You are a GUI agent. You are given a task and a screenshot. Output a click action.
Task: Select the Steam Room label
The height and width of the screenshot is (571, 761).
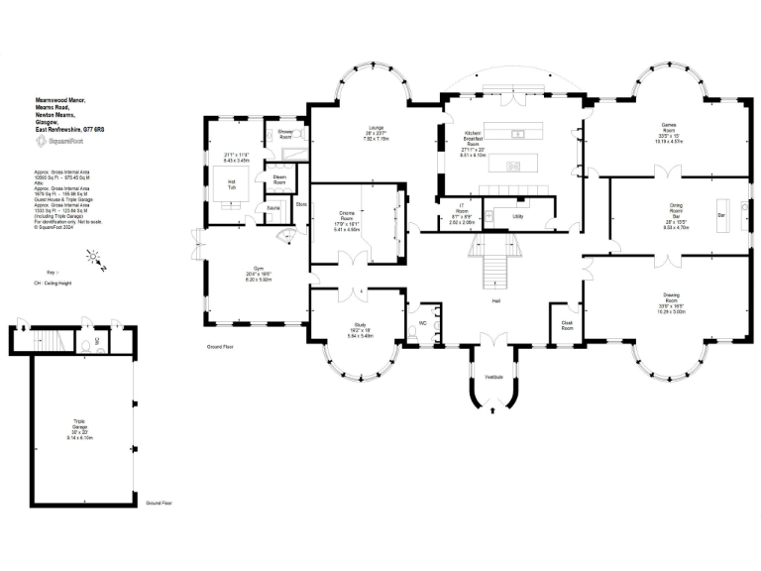(279, 178)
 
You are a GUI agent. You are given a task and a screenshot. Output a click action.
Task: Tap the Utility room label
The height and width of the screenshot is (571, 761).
(517, 215)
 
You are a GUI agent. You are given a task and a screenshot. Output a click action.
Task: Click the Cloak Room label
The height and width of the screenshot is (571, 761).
(567, 323)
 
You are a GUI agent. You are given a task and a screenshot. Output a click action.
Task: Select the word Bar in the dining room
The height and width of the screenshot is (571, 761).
(721, 214)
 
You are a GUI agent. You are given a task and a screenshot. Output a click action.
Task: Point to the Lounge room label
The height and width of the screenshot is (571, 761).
(376, 128)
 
